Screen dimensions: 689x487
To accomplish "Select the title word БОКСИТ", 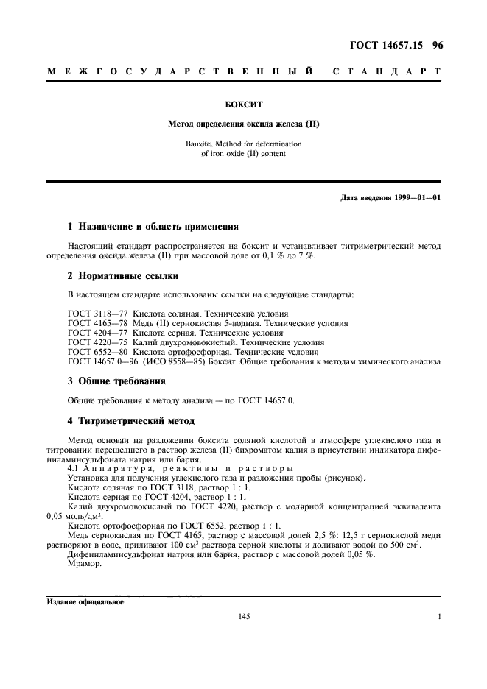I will click(x=244, y=105).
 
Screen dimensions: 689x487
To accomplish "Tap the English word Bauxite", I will click(x=207, y=144).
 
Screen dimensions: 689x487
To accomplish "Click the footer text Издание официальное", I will click(x=85, y=601).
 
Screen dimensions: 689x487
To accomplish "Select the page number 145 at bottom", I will click(x=245, y=618).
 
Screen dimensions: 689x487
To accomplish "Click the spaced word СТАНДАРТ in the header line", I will click(x=386, y=72).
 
